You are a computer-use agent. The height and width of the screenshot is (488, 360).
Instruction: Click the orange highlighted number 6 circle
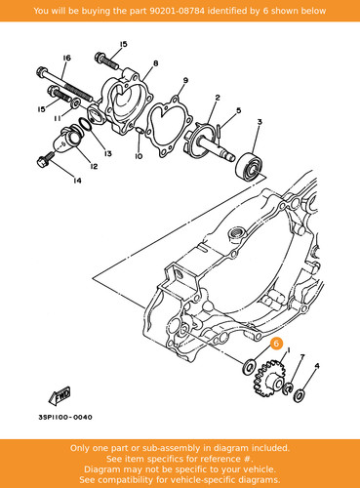pyautogui.click(x=276, y=344)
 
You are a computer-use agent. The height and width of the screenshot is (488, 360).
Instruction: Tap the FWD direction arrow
pyautogui.click(x=60, y=396)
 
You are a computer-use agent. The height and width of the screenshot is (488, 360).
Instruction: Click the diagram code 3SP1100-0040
pyautogui.click(x=65, y=417)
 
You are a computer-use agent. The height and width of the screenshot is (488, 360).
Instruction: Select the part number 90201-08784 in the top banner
pyautogui.click(x=177, y=11)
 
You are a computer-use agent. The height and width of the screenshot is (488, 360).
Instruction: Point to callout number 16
pyautogui.click(x=66, y=58)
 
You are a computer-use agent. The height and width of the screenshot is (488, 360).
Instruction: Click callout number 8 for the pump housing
pyautogui.click(x=155, y=63)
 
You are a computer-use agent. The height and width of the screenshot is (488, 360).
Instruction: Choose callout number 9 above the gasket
pyautogui.click(x=185, y=80)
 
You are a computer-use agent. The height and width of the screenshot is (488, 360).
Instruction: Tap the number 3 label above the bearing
pyautogui.click(x=260, y=122)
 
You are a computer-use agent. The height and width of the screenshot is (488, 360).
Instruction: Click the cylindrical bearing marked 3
pyautogui.click(x=250, y=166)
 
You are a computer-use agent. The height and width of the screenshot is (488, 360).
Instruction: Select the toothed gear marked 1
pyautogui.click(x=269, y=379)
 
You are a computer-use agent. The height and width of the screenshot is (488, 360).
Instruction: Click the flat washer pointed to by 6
pyautogui.click(x=249, y=367)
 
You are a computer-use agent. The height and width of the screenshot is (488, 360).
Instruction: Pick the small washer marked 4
pyautogui.click(x=299, y=395)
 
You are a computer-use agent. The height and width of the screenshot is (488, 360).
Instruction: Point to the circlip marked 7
pyautogui.click(x=289, y=387)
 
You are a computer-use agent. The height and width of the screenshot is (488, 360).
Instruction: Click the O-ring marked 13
pyautogui.click(x=86, y=125)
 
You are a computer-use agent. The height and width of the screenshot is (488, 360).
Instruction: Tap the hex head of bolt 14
pyautogui.click(x=43, y=162)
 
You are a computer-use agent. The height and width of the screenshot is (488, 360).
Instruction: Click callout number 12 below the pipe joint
pyautogui.click(x=94, y=167)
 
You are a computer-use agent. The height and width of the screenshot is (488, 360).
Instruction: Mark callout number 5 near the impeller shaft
pyautogui.click(x=238, y=110)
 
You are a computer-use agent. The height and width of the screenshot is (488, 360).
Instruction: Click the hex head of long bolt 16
pyautogui.click(x=41, y=71)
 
